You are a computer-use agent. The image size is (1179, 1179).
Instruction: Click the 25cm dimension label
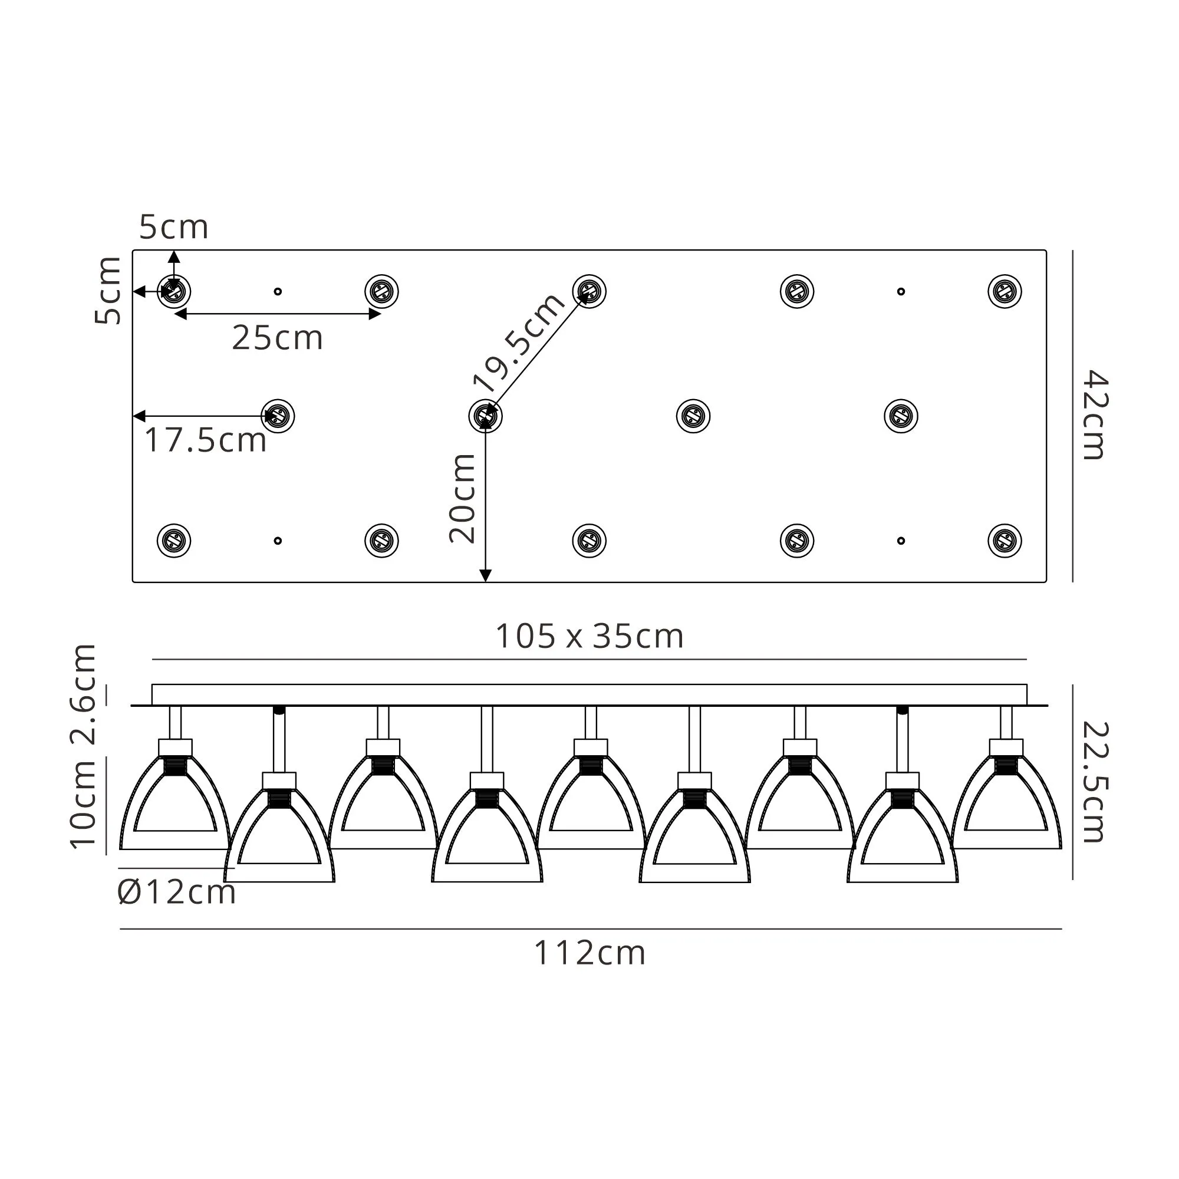(x=277, y=337)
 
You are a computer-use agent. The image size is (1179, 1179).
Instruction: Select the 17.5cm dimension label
(x=206, y=440)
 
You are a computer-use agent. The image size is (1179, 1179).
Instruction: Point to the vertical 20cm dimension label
(x=462, y=498)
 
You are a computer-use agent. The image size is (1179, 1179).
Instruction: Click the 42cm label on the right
(x=1095, y=414)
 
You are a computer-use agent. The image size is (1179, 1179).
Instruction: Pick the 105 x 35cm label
(x=589, y=637)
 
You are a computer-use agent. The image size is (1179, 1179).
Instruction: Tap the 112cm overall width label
(x=589, y=953)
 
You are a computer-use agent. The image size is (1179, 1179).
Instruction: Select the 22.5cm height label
(x=1095, y=782)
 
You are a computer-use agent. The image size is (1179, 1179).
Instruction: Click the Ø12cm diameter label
(x=176, y=892)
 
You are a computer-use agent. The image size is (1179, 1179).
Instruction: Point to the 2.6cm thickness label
(x=83, y=694)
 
